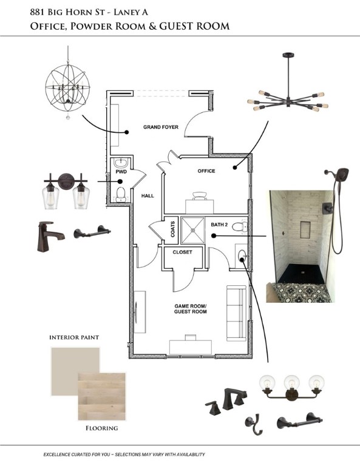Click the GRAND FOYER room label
point(161,127)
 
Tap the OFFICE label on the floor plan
point(206,171)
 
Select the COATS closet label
point(173,229)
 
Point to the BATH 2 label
point(219,225)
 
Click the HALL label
point(148,196)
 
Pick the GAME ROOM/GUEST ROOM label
point(191,309)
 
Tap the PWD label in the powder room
point(121,172)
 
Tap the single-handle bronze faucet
point(50,237)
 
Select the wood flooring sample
point(101,396)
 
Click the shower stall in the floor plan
point(193,230)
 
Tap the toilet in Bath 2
point(240,228)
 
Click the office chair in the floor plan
point(200,196)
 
